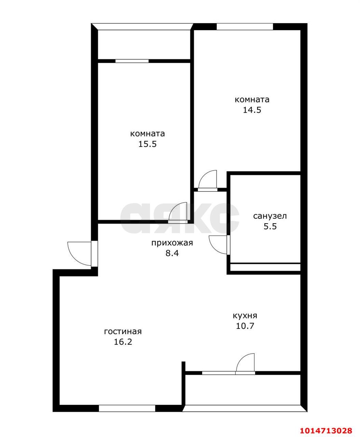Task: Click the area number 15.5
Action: pyautogui.click(x=147, y=144)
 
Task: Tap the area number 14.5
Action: pyautogui.click(x=252, y=110)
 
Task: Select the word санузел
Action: pyautogui.click(x=270, y=216)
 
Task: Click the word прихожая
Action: pyautogui.click(x=172, y=243)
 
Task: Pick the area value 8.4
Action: pyautogui.click(x=172, y=253)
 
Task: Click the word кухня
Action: pyautogui.click(x=245, y=315)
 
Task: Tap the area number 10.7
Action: pyautogui.click(x=245, y=326)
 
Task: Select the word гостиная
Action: pyautogui.click(x=123, y=332)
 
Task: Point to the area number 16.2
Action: pyautogui.click(x=123, y=342)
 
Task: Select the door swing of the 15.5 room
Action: pyautogui.click(x=178, y=213)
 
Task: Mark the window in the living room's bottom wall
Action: pyautogui.click(x=127, y=408)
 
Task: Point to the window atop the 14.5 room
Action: pyautogui.click(x=245, y=26)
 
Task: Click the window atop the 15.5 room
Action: pyautogui.click(x=132, y=61)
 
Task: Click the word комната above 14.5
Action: pyautogui.click(x=252, y=100)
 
